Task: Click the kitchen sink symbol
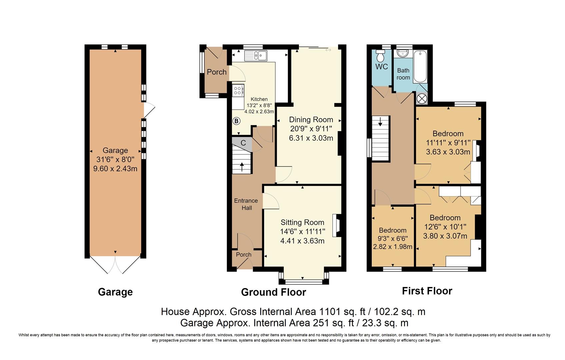[256, 56]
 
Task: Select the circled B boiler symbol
[236, 121]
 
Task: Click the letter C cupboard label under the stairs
[243, 143]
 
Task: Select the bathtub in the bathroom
[420, 67]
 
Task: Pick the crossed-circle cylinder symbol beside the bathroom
[422, 99]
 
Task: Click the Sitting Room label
[302, 222]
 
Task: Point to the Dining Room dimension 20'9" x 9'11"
[311, 129]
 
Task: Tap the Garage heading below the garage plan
[115, 292]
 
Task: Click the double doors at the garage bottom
[115, 265]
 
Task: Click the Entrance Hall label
[246, 204]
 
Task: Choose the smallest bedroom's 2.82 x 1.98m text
[393, 247]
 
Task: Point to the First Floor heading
[427, 291]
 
